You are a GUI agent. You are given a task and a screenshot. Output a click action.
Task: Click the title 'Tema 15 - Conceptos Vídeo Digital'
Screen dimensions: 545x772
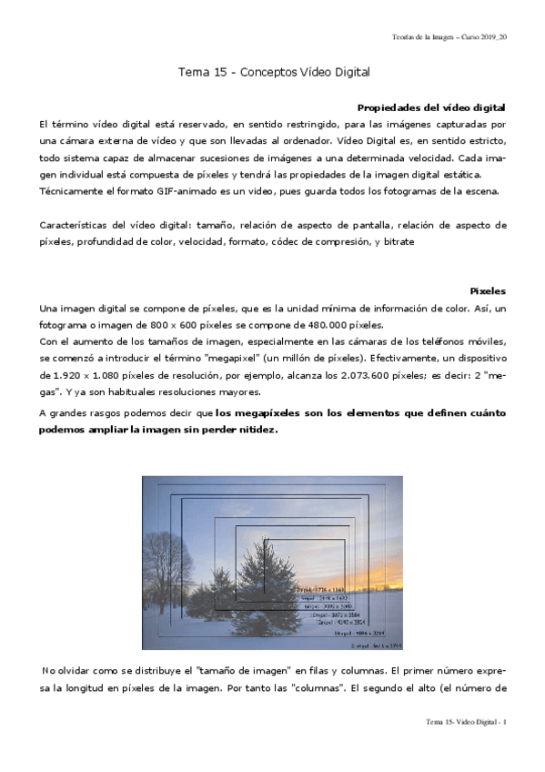click(x=274, y=71)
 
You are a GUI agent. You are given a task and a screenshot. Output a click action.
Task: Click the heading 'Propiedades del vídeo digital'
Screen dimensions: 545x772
click(x=432, y=107)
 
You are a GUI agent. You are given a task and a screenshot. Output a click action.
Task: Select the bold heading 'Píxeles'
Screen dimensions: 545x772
click(x=488, y=290)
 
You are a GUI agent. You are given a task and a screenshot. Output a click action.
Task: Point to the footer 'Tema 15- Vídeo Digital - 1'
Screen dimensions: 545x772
click(x=466, y=722)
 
